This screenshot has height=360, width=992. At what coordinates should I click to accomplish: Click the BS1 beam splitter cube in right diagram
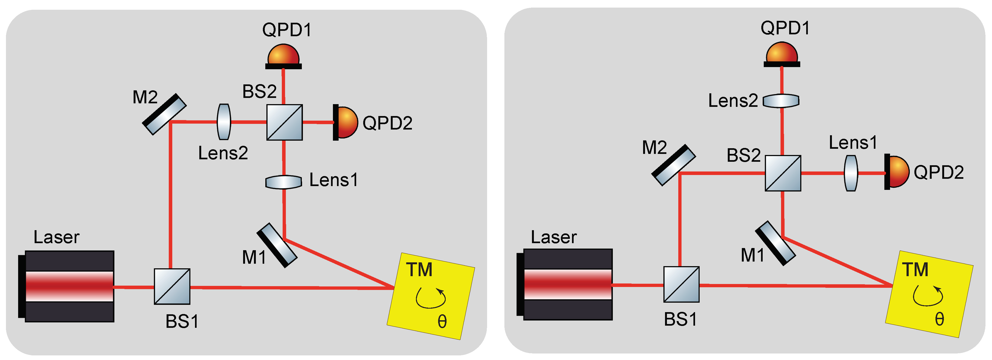681,285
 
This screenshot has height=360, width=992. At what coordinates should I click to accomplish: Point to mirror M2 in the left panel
164,114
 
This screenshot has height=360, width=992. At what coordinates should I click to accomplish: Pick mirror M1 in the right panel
775,243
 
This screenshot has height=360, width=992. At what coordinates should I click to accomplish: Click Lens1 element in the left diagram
283,182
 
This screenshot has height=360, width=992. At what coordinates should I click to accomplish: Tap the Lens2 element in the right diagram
781,101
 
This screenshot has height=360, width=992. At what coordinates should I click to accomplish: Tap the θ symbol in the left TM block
442,322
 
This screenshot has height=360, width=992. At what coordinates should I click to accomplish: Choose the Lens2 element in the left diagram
224,122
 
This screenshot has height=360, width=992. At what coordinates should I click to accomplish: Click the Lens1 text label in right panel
853,143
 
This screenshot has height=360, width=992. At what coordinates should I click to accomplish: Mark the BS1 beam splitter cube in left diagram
172,286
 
